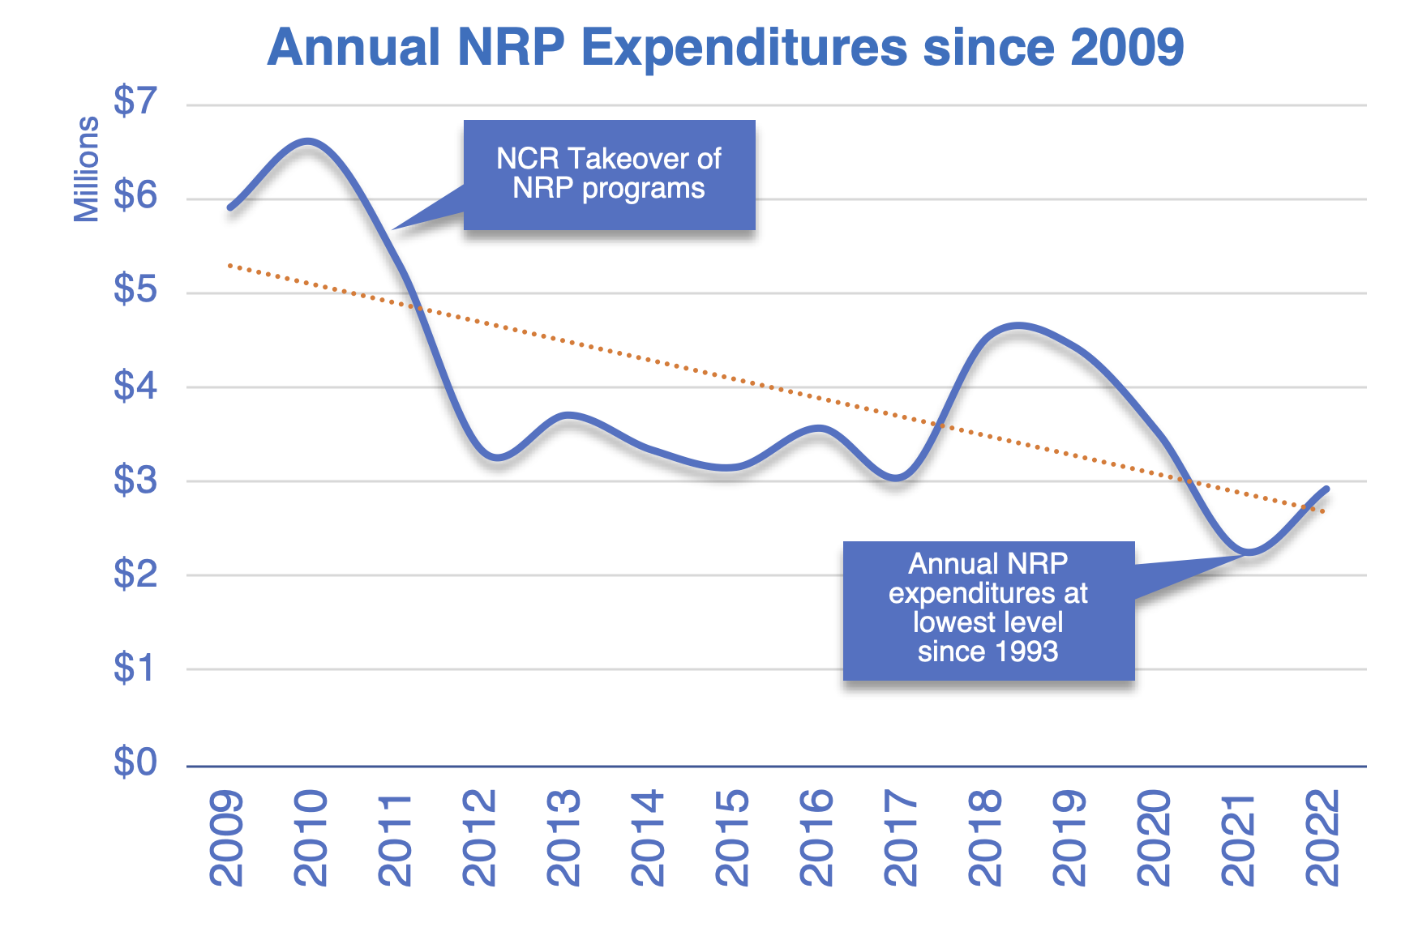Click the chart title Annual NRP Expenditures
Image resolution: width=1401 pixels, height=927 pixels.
click(x=725, y=47)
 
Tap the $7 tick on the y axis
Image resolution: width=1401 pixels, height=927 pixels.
click(x=135, y=102)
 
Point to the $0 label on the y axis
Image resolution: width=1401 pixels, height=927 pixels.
click(x=135, y=763)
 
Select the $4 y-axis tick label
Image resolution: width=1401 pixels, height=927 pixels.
click(x=135, y=386)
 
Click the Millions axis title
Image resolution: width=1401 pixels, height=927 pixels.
click(x=87, y=169)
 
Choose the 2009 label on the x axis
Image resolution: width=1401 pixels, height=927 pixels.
click(x=226, y=838)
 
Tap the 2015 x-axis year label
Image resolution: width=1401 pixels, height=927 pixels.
click(x=732, y=838)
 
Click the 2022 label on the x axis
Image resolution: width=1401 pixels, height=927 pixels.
click(x=1322, y=838)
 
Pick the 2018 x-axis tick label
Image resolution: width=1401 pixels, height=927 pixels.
click(x=985, y=838)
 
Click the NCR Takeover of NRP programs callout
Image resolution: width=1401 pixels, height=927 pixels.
click(x=609, y=174)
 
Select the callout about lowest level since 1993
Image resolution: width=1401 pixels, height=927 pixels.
click(x=988, y=609)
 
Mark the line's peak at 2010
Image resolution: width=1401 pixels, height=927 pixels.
click(x=309, y=141)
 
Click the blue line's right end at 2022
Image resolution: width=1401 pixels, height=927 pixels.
click(x=1326, y=489)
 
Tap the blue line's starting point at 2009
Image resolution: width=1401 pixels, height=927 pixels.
click(x=230, y=207)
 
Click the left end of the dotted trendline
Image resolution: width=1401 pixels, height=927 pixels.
click(x=230, y=265)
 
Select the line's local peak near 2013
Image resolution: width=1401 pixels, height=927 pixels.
click(x=568, y=416)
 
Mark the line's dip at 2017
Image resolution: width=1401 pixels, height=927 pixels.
click(x=896, y=478)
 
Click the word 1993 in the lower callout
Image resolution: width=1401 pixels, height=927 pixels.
click(x=1027, y=651)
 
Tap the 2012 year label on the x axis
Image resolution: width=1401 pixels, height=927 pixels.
click(x=479, y=838)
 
